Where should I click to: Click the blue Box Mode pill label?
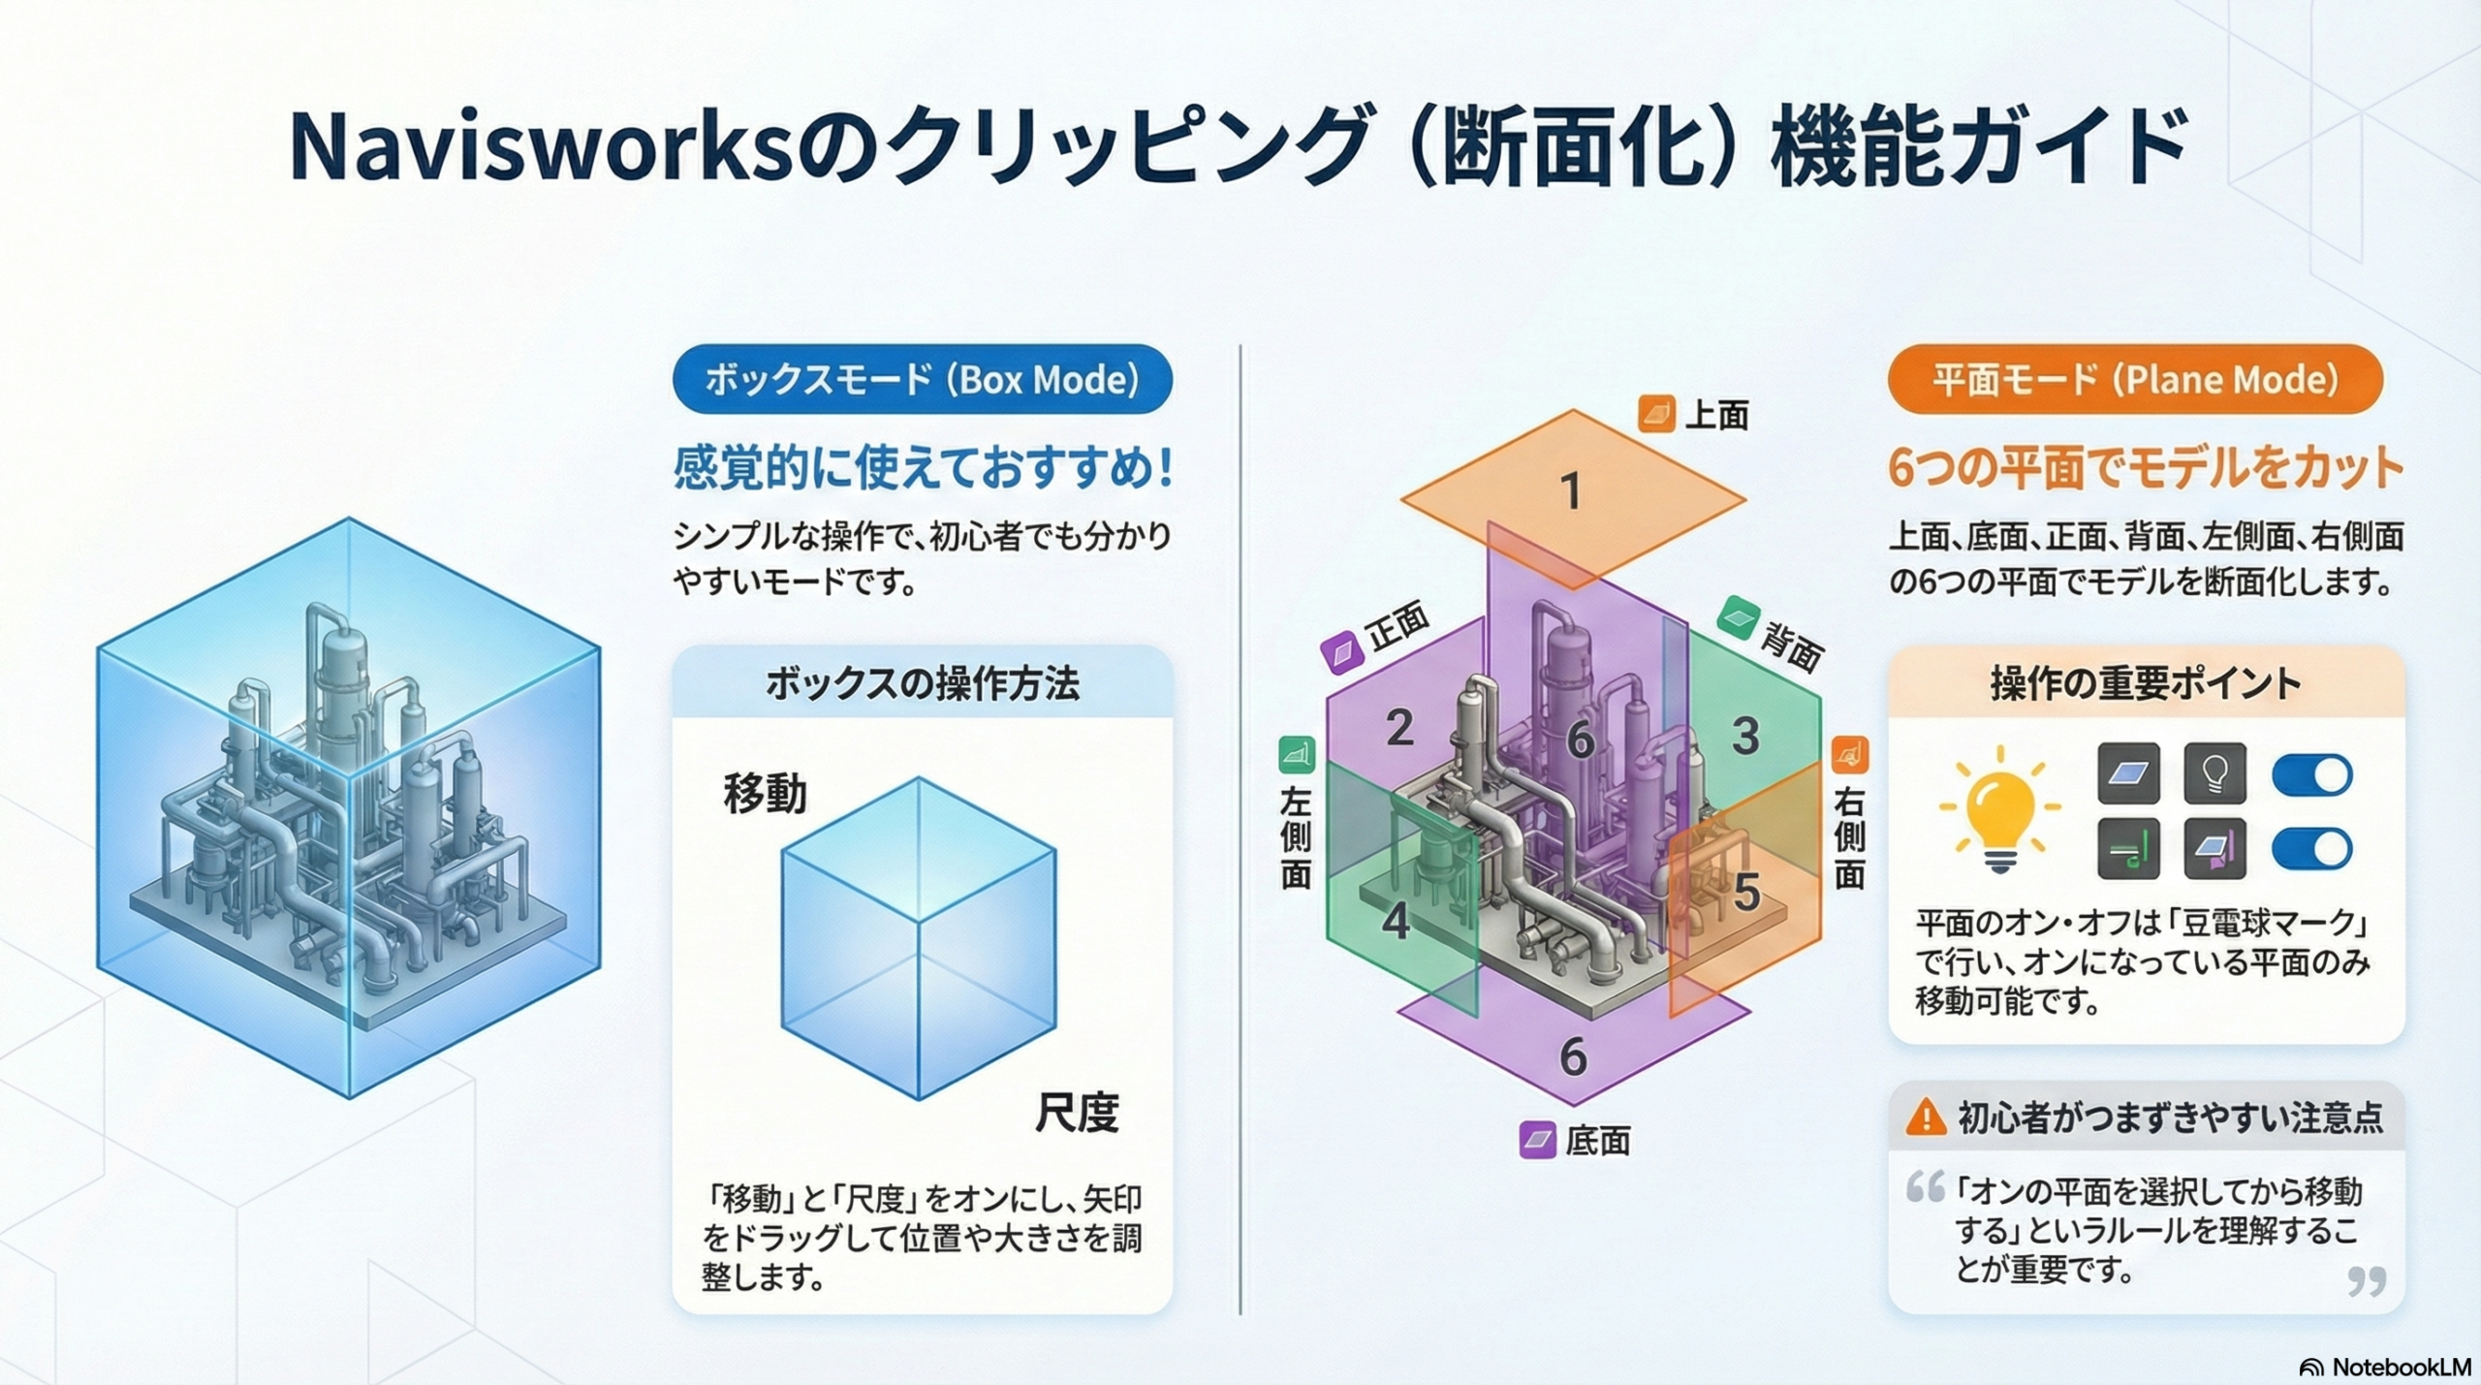coord(922,379)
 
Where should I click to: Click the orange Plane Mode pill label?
coord(2135,379)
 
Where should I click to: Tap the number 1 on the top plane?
coord(1571,491)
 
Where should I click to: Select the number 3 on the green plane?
coord(1745,737)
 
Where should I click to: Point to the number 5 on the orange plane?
coord(1746,893)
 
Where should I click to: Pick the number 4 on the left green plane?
coord(1396,921)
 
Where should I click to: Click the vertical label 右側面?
coord(1849,838)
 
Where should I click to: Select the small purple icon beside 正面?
coord(1342,653)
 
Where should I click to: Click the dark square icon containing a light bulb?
coord(2214,773)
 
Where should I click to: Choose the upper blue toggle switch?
coord(2311,774)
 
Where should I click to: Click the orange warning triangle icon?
coord(1926,1117)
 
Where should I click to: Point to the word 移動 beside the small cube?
coord(765,795)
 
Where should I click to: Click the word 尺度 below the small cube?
coord(1077,1113)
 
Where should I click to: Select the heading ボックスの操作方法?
coord(922,684)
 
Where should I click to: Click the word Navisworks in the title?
coord(541,148)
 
